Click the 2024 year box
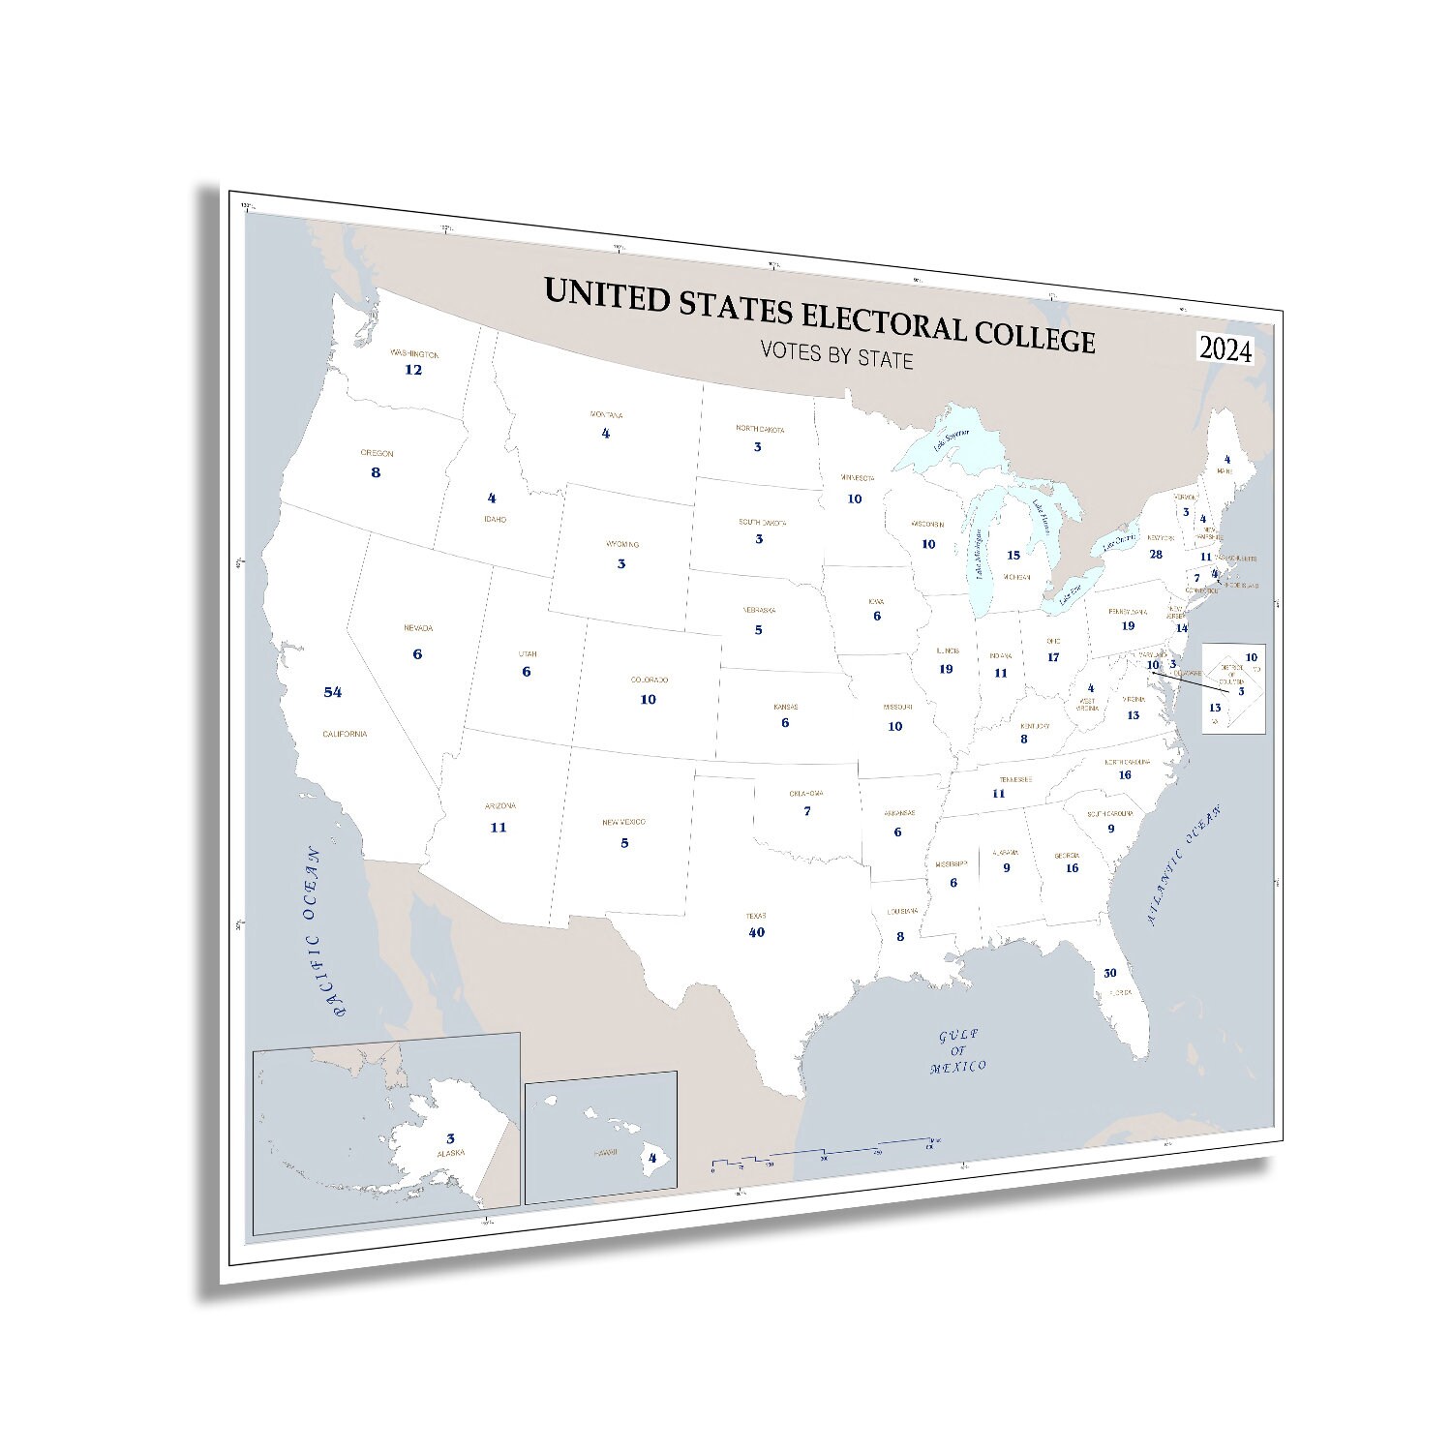(1225, 350)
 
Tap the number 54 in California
(333, 692)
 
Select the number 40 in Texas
(757, 932)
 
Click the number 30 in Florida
(1109, 973)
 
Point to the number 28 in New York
(1156, 555)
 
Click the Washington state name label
(414, 354)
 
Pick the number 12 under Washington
(413, 370)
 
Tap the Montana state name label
(607, 415)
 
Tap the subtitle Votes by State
(837, 356)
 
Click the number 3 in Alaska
(450, 1139)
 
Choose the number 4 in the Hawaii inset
(652, 1157)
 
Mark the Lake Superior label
(952, 443)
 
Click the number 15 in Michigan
(1013, 556)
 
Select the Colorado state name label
(649, 681)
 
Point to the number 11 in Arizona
(499, 828)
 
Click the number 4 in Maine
(1226, 460)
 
